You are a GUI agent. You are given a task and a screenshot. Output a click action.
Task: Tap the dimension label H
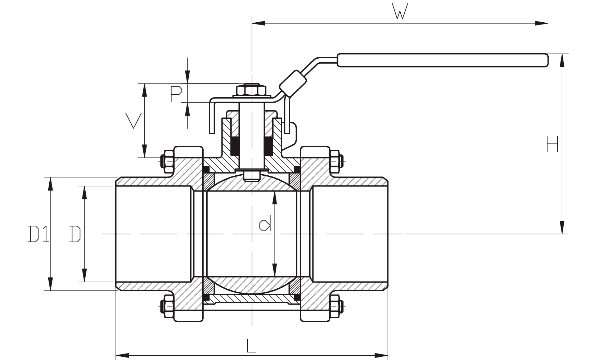coord(552,144)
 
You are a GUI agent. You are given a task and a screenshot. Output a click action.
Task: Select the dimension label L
coord(252,346)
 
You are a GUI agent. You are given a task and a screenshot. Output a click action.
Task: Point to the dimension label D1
coord(38,234)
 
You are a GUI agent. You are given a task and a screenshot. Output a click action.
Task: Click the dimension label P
coord(176,94)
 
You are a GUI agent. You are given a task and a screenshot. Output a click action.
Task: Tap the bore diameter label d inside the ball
coord(265,225)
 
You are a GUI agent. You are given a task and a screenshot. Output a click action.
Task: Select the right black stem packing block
coord(269,146)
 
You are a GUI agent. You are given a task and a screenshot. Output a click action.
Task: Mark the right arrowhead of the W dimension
coord(541,23)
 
